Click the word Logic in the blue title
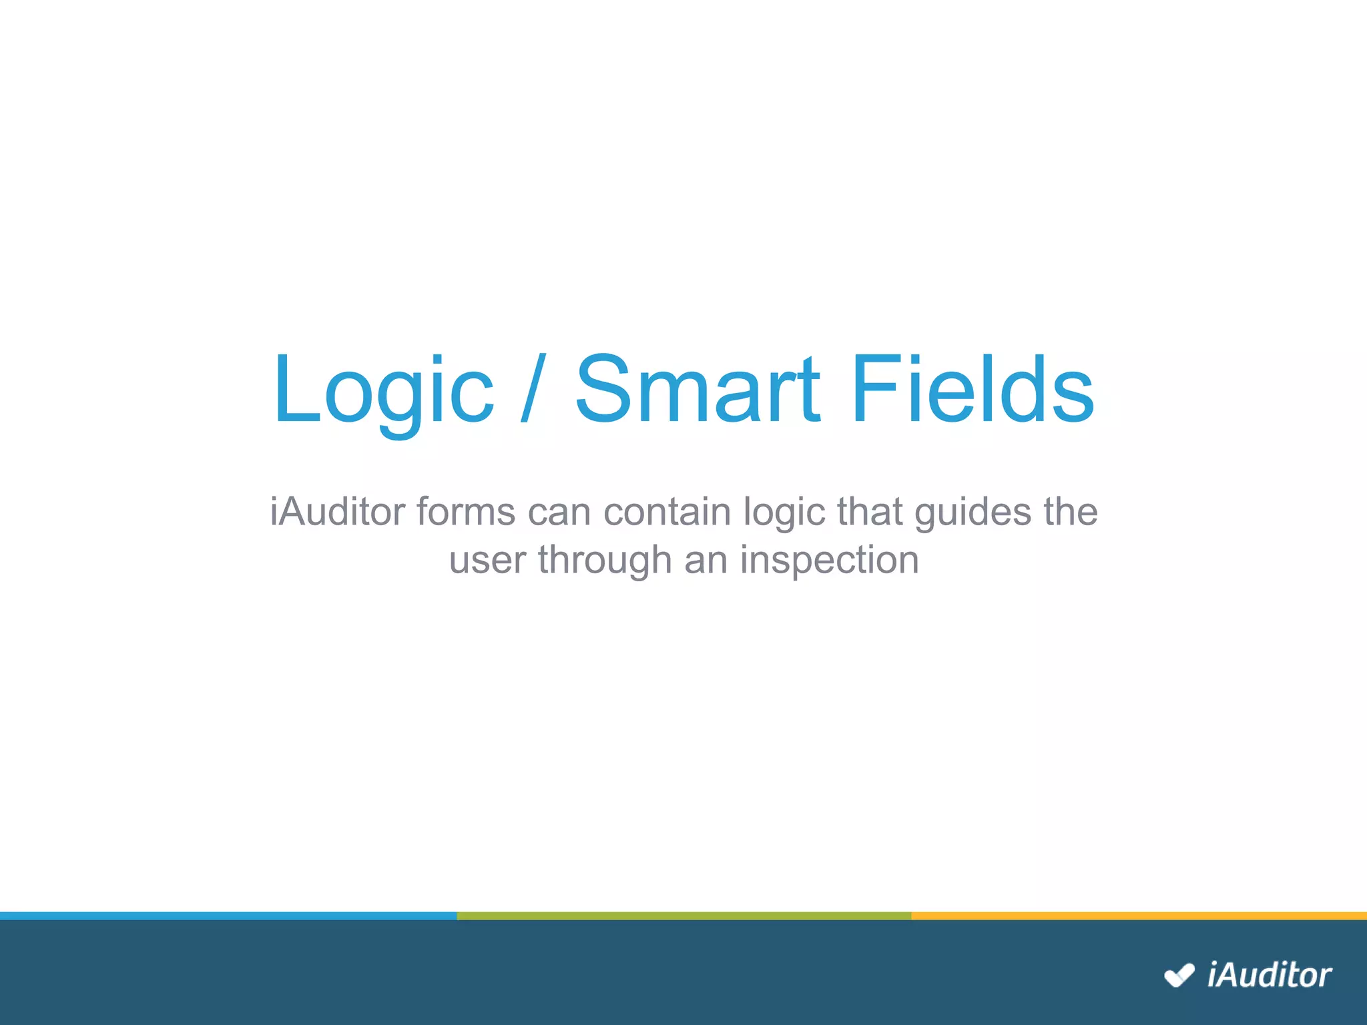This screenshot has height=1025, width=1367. point(383,390)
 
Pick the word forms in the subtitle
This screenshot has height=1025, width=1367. point(466,512)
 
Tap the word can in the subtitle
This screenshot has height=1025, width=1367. point(559,512)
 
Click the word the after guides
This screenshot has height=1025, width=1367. point(1071,512)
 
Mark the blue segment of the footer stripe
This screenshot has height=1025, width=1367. point(227,916)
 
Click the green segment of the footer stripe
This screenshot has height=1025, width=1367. point(683,916)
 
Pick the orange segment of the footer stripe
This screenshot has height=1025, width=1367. point(1139,916)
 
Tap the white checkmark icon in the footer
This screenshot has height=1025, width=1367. point(1179,976)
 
